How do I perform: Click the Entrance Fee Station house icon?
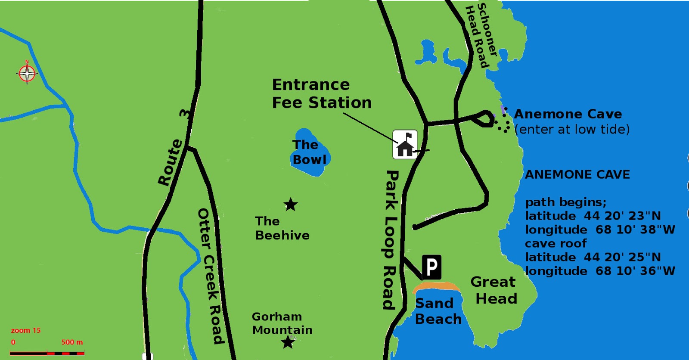(405, 144)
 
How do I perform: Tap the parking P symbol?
(431, 267)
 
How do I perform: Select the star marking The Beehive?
(291, 205)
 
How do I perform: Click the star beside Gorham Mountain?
(288, 342)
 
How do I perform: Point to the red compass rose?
(27, 74)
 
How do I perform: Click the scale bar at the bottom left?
(47, 353)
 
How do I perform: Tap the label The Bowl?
(309, 152)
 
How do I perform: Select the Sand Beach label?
(438, 311)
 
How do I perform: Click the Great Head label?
(494, 290)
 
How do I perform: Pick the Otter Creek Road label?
(211, 276)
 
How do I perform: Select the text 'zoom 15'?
(26, 330)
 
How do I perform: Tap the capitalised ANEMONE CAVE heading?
(577, 174)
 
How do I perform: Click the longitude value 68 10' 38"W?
(635, 230)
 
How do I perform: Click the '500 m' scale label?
(72, 342)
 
